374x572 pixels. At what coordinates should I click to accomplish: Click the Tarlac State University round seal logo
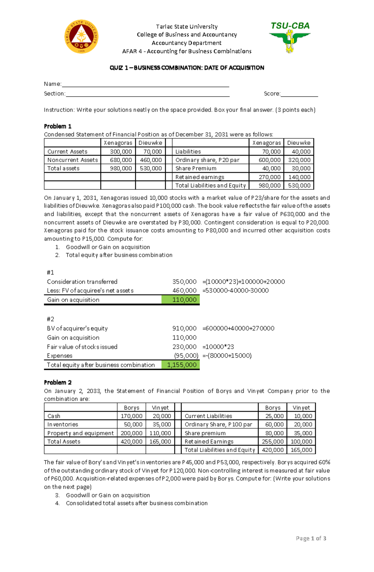81,37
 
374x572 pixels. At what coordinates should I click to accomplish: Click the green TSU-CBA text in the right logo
290,26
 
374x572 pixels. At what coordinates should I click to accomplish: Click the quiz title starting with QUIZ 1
187,68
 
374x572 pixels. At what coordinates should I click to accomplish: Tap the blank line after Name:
145,84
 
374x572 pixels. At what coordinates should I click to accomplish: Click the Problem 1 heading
58,126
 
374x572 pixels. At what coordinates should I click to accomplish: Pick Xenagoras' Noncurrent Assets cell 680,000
121,160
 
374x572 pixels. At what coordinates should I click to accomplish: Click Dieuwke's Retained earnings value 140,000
299,177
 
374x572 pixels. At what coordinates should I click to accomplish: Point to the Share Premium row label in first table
196,168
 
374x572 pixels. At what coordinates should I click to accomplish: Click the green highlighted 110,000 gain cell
180,300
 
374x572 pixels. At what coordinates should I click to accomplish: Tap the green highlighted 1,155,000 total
180,365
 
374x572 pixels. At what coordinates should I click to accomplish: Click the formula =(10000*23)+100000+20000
243,282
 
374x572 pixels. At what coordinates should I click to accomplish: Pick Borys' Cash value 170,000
132,416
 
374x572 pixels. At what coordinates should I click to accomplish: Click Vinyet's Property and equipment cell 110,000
160,433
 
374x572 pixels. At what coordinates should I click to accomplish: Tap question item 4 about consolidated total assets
137,503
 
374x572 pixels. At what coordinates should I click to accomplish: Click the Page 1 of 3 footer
311,538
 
